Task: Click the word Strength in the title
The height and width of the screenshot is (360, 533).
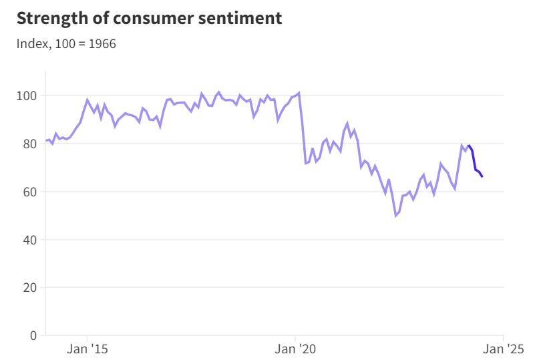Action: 52,19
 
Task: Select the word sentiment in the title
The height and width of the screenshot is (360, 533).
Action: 240,18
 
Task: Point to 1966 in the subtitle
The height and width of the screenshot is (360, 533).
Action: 102,44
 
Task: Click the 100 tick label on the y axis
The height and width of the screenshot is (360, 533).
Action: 27,96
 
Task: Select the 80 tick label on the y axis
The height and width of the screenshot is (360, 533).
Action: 30,144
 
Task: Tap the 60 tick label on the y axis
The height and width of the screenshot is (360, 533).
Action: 30,192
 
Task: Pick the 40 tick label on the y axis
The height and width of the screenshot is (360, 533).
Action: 30,240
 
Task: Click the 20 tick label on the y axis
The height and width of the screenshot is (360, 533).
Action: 30,288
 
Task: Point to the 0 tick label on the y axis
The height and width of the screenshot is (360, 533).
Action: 33,335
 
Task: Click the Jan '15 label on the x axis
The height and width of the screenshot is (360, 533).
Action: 87,349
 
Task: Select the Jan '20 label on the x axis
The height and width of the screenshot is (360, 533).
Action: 295,349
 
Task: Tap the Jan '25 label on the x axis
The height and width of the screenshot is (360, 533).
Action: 504,349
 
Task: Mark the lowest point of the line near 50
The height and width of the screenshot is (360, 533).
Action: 395,216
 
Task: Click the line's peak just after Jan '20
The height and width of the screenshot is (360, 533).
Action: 299,93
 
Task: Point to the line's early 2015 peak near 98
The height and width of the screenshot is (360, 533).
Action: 87,100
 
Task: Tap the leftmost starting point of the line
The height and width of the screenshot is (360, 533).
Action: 46,140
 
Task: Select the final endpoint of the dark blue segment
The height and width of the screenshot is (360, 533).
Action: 482,176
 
